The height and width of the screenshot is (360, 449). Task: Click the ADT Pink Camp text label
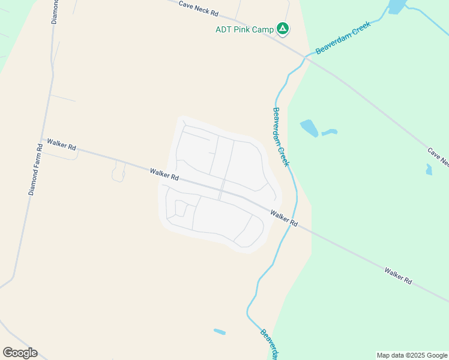[244, 29]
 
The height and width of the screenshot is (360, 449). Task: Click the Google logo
[20, 353]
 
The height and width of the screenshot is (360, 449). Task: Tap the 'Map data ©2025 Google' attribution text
[412, 355]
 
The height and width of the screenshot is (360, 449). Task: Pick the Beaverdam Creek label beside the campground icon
[340, 40]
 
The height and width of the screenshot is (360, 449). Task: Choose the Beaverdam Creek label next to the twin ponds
[282, 137]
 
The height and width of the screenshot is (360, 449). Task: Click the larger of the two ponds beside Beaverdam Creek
[309, 127]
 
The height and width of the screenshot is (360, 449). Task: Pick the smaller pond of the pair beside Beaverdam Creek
[330, 132]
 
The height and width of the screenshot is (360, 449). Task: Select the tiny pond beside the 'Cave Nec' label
[429, 170]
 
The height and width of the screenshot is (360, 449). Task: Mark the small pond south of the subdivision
[220, 331]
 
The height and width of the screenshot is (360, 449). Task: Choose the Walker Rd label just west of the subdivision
[165, 175]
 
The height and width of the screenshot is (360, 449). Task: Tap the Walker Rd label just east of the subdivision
[284, 217]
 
